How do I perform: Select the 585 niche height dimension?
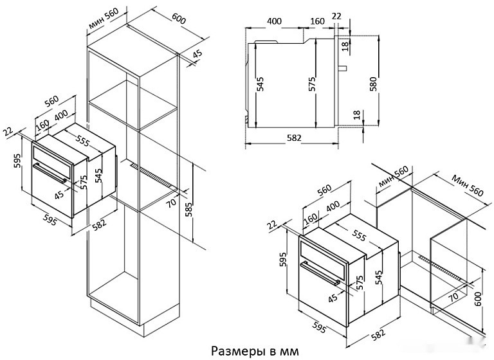click(189, 210)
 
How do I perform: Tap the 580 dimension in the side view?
click(373, 84)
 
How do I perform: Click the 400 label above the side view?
click(274, 21)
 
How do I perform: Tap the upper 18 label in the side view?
click(345, 45)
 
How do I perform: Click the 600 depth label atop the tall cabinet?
click(179, 20)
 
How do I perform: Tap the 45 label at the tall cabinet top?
click(197, 53)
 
